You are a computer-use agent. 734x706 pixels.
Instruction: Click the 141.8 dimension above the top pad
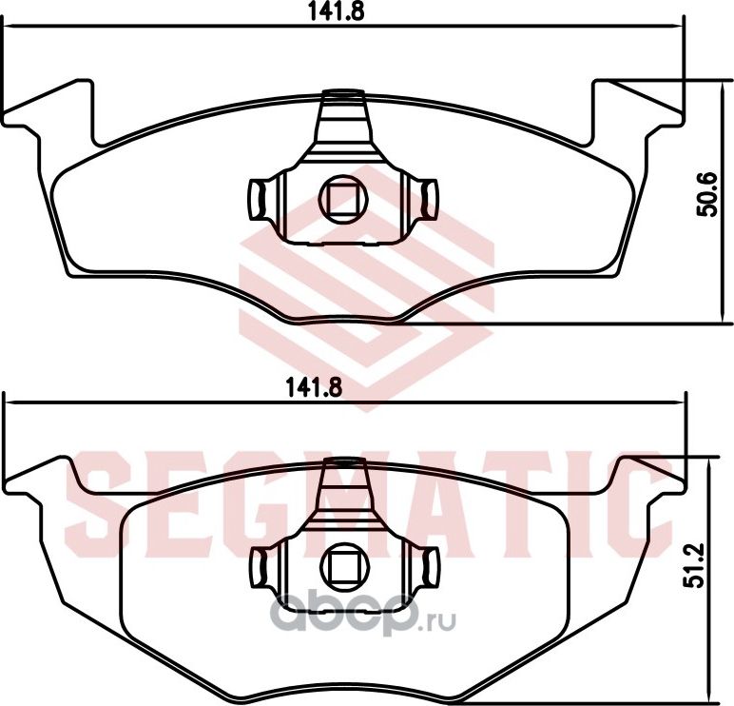click(x=336, y=10)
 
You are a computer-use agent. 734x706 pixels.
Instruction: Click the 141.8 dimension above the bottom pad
click(x=314, y=388)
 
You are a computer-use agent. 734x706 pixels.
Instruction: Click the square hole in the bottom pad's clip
click(x=344, y=567)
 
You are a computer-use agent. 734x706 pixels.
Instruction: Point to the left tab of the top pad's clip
click(x=257, y=199)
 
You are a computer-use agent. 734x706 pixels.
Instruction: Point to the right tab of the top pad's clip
click(x=429, y=199)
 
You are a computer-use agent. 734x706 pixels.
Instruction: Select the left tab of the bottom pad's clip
click(x=260, y=567)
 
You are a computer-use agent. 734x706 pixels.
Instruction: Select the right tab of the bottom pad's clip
click(x=429, y=567)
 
